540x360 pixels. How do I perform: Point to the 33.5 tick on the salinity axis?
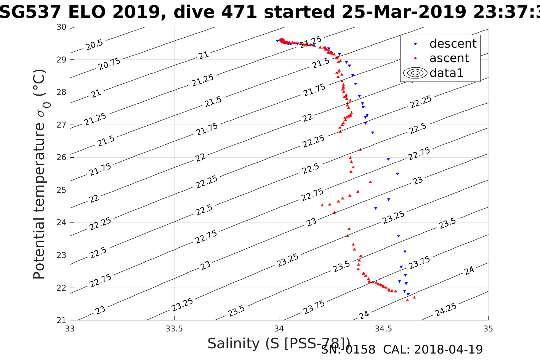tap(174, 329)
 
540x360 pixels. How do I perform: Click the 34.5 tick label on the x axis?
tap(384, 329)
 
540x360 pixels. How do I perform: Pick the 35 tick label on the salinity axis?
tap(488, 329)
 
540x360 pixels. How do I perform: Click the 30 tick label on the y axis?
tap(62, 27)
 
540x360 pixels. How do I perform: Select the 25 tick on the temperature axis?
tap(62, 190)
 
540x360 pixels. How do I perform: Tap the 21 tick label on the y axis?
tap(62, 320)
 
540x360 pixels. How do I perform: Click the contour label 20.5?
tap(94, 45)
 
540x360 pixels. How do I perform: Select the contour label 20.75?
tap(109, 64)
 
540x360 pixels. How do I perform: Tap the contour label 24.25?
tap(445, 310)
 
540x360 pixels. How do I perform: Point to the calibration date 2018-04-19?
tap(448, 349)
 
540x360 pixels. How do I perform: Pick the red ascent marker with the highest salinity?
tap(414, 297)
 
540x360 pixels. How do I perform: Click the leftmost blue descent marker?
tap(277, 41)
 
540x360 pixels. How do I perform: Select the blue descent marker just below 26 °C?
tap(388, 160)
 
